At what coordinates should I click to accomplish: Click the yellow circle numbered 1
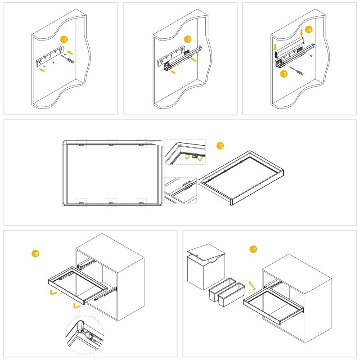click(x=64, y=40)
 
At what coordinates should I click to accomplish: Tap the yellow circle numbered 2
click(x=188, y=39)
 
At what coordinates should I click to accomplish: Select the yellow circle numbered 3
click(x=284, y=74)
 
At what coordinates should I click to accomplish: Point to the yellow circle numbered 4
click(x=309, y=30)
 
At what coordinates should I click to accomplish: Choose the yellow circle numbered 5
click(x=220, y=145)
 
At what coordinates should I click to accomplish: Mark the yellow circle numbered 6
click(x=36, y=253)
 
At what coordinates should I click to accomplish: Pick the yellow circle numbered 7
click(x=253, y=249)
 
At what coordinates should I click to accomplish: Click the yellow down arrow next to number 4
click(x=301, y=32)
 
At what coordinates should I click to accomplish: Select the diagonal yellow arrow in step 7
click(x=252, y=286)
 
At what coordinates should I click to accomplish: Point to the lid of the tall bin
click(x=206, y=252)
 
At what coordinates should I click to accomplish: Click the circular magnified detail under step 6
click(x=85, y=335)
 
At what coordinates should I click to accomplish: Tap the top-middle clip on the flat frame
click(x=111, y=145)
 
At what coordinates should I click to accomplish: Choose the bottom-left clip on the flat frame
click(x=81, y=203)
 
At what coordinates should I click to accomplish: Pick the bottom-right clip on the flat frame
click(x=141, y=203)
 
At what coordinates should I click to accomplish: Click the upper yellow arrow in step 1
click(x=70, y=53)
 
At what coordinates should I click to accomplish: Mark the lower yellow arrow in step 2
click(x=173, y=72)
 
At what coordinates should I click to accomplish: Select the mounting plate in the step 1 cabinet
click(x=50, y=56)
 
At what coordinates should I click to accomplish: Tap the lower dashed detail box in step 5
click(x=180, y=190)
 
